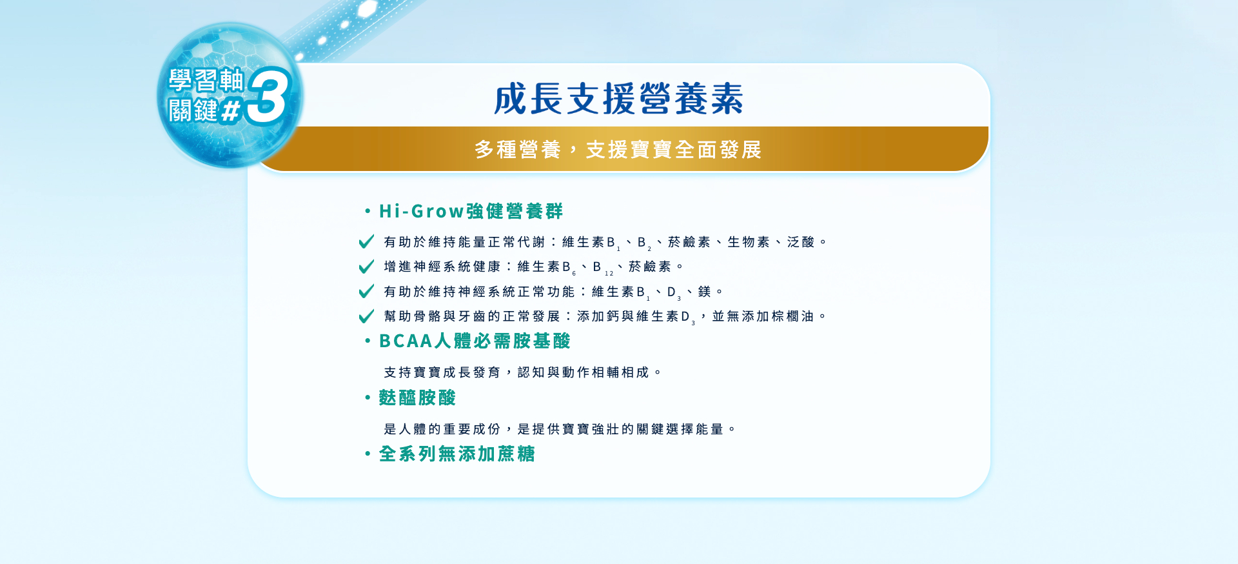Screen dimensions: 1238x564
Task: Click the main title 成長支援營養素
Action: (618, 99)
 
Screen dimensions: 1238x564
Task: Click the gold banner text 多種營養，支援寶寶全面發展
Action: (618, 150)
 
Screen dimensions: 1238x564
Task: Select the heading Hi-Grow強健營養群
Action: (471, 211)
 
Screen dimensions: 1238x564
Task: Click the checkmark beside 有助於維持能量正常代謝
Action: (366, 241)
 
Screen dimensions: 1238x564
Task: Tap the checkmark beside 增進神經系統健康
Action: (366, 267)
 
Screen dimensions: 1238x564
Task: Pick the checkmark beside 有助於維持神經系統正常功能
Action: (366, 291)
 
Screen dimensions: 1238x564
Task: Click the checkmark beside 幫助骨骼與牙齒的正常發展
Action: (366, 316)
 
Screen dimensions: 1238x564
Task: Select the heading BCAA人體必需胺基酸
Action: (475, 341)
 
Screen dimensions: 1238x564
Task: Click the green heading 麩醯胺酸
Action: (417, 398)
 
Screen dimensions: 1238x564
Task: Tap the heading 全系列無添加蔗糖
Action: (457, 454)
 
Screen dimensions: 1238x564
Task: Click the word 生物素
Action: (749, 242)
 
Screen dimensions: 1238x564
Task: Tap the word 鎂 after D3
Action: (704, 292)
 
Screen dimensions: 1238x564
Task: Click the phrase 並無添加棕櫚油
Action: (763, 316)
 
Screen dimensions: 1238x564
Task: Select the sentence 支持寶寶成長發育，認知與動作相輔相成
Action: (516, 372)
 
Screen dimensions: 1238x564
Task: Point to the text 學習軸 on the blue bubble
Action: (206, 81)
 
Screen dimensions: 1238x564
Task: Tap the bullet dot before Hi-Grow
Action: (368, 211)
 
